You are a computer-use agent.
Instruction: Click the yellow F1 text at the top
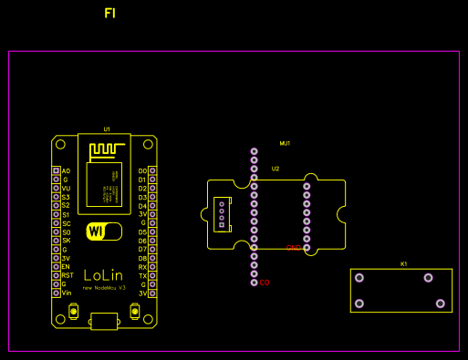click(109, 14)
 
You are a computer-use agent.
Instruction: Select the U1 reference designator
click(107, 129)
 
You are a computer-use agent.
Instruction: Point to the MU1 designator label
click(285, 143)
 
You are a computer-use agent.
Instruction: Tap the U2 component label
click(276, 169)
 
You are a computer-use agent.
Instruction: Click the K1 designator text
click(403, 263)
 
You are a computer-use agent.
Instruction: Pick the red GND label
click(293, 248)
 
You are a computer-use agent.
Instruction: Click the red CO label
click(265, 283)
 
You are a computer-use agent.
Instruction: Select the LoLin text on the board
click(104, 274)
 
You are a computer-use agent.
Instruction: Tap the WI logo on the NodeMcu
click(102, 231)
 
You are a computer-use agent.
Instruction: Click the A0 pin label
click(66, 171)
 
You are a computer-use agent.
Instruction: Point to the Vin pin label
click(66, 293)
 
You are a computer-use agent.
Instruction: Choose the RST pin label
click(67, 275)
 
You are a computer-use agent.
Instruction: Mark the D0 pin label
click(142, 171)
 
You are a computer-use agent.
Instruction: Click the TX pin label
click(142, 275)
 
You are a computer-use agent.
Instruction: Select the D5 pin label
click(142, 231)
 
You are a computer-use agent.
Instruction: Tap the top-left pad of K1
click(359, 278)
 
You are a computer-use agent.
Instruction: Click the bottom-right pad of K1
click(441, 303)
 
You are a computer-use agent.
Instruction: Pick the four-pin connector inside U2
click(221, 216)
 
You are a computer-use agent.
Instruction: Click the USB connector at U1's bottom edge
click(104, 320)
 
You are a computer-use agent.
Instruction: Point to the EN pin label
click(66, 266)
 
